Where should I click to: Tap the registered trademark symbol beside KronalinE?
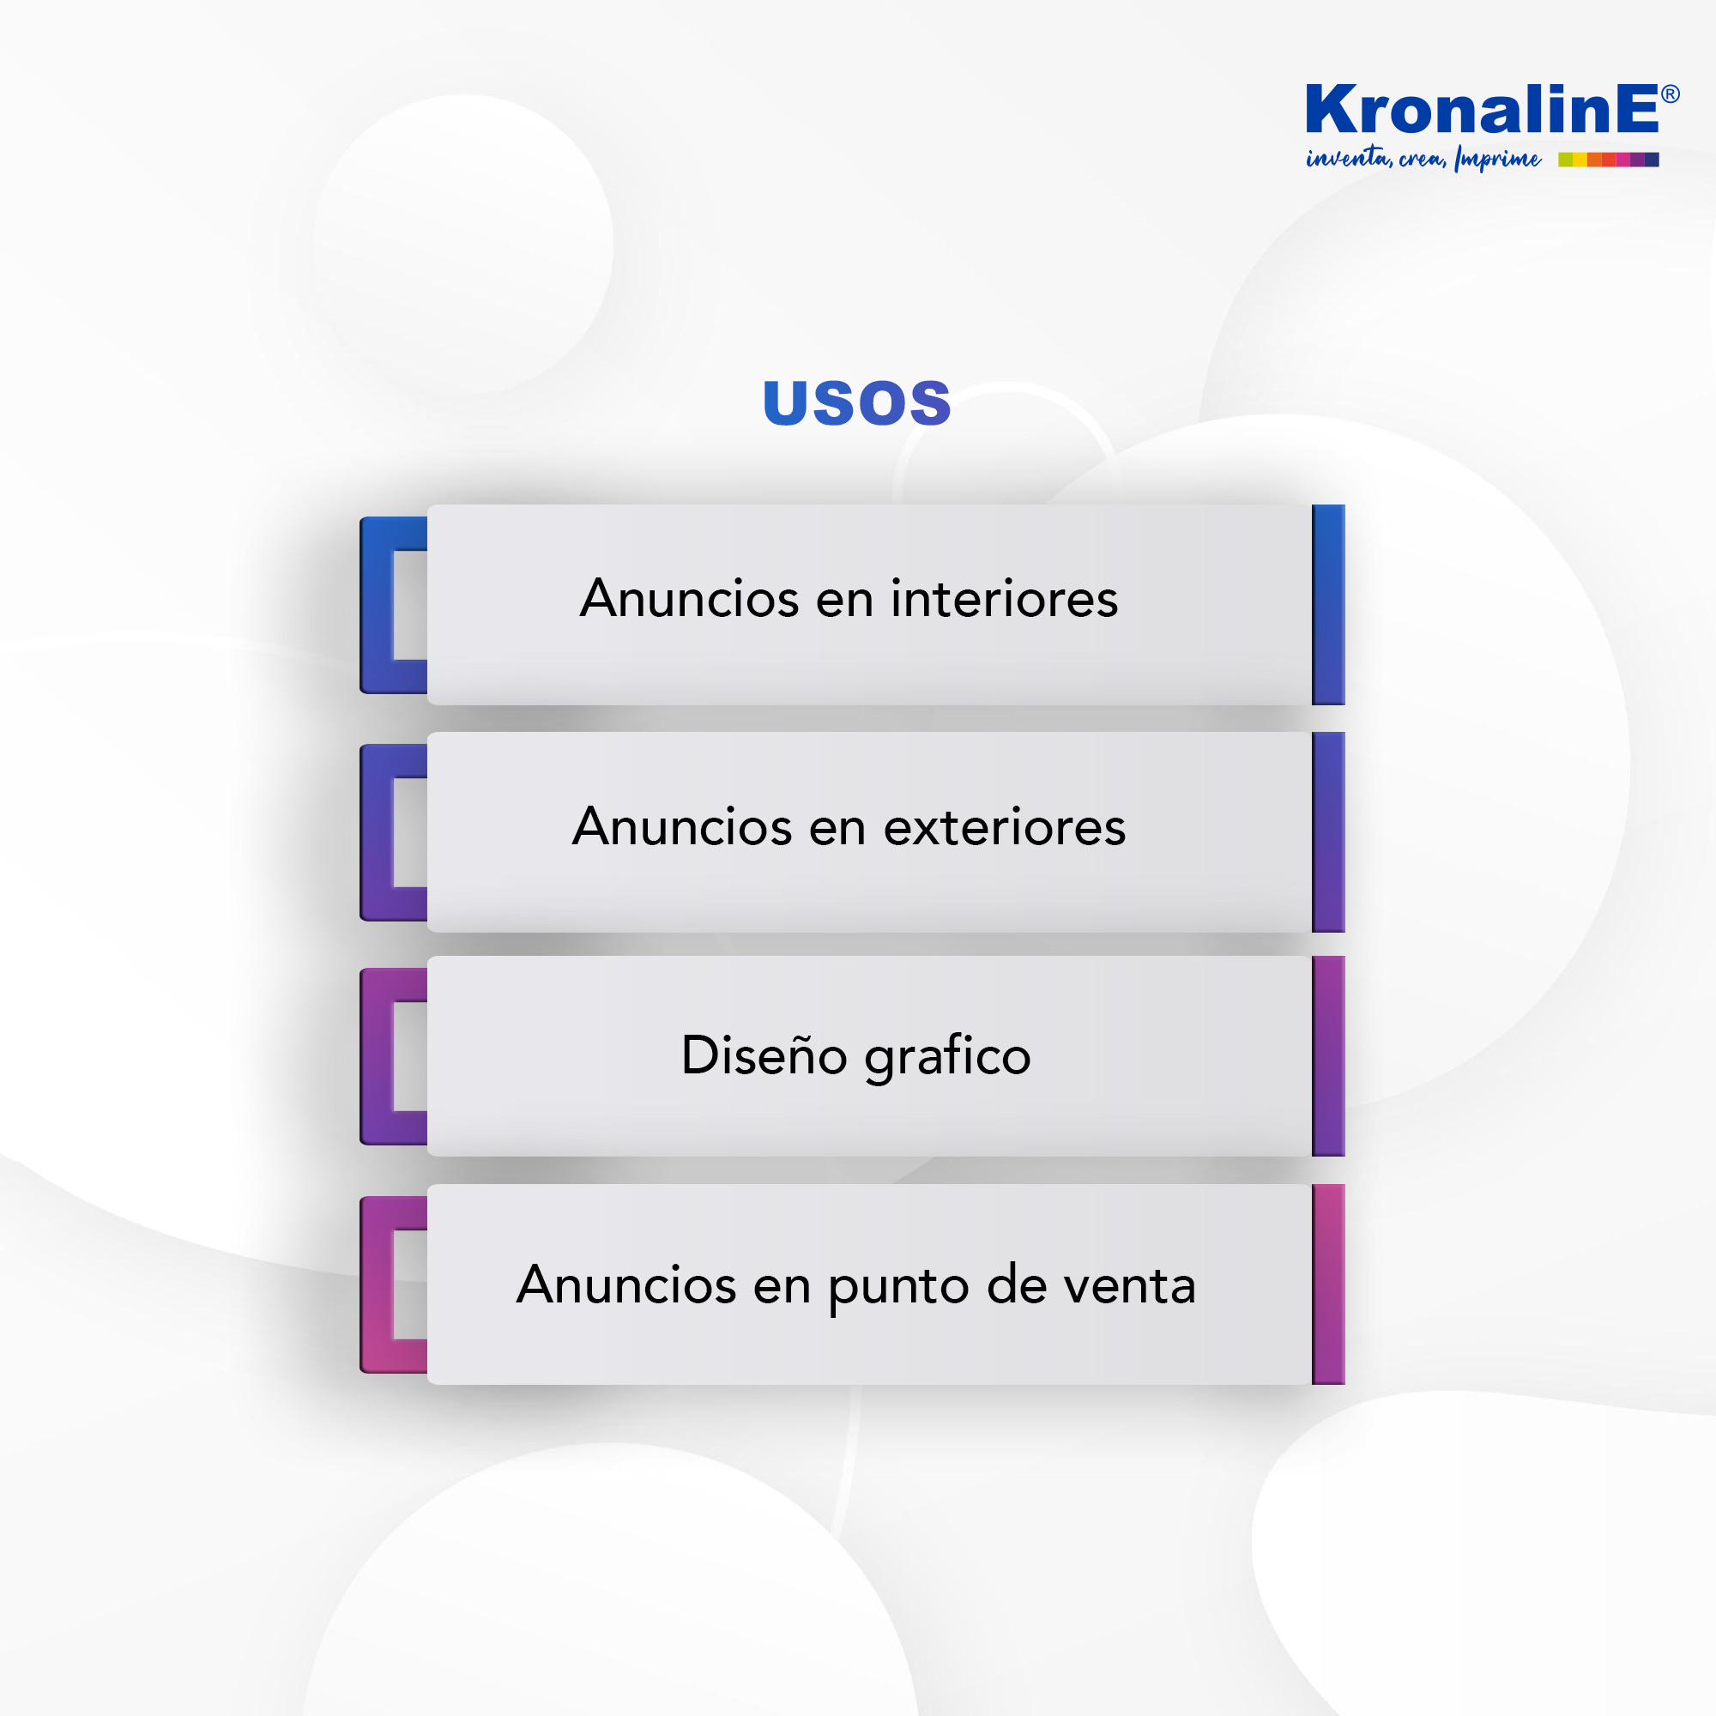tap(1670, 94)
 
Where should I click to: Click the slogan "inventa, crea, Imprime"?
tap(1423, 159)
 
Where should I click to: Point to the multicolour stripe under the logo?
tap(1609, 160)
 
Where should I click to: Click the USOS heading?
tap(857, 403)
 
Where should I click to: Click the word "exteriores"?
tap(1005, 827)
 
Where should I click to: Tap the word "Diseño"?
tap(764, 1055)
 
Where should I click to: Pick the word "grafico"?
tap(948, 1057)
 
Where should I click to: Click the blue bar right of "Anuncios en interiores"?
tap(1329, 605)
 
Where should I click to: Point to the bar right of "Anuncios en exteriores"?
tap(1329, 832)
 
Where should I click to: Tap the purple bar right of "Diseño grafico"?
tap(1329, 1056)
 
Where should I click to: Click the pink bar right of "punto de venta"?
tap(1329, 1284)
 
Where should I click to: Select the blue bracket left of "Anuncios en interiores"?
tap(377, 605)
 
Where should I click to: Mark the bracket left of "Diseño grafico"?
tap(377, 1056)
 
